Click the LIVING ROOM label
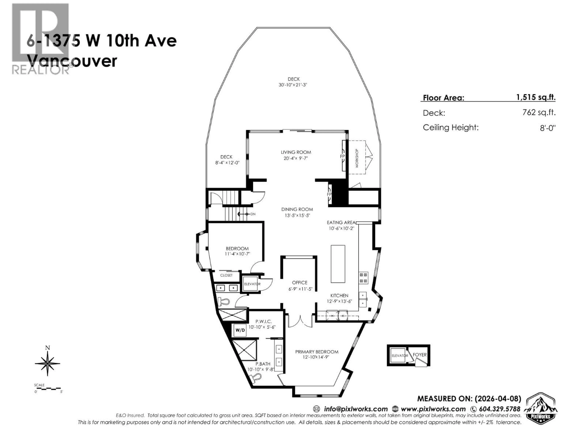[x=296, y=152]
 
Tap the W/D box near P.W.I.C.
[x=240, y=330]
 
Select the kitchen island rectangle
[x=338, y=264]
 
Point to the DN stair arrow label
[x=253, y=214]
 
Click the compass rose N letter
[x=48, y=348]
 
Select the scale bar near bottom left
[x=48, y=388]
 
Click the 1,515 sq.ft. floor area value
[x=536, y=97]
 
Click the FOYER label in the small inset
[x=419, y=355]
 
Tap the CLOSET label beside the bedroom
[x=226, y=275]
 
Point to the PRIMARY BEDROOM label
[x=317, y=352]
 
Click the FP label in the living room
[x=342, y=156]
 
